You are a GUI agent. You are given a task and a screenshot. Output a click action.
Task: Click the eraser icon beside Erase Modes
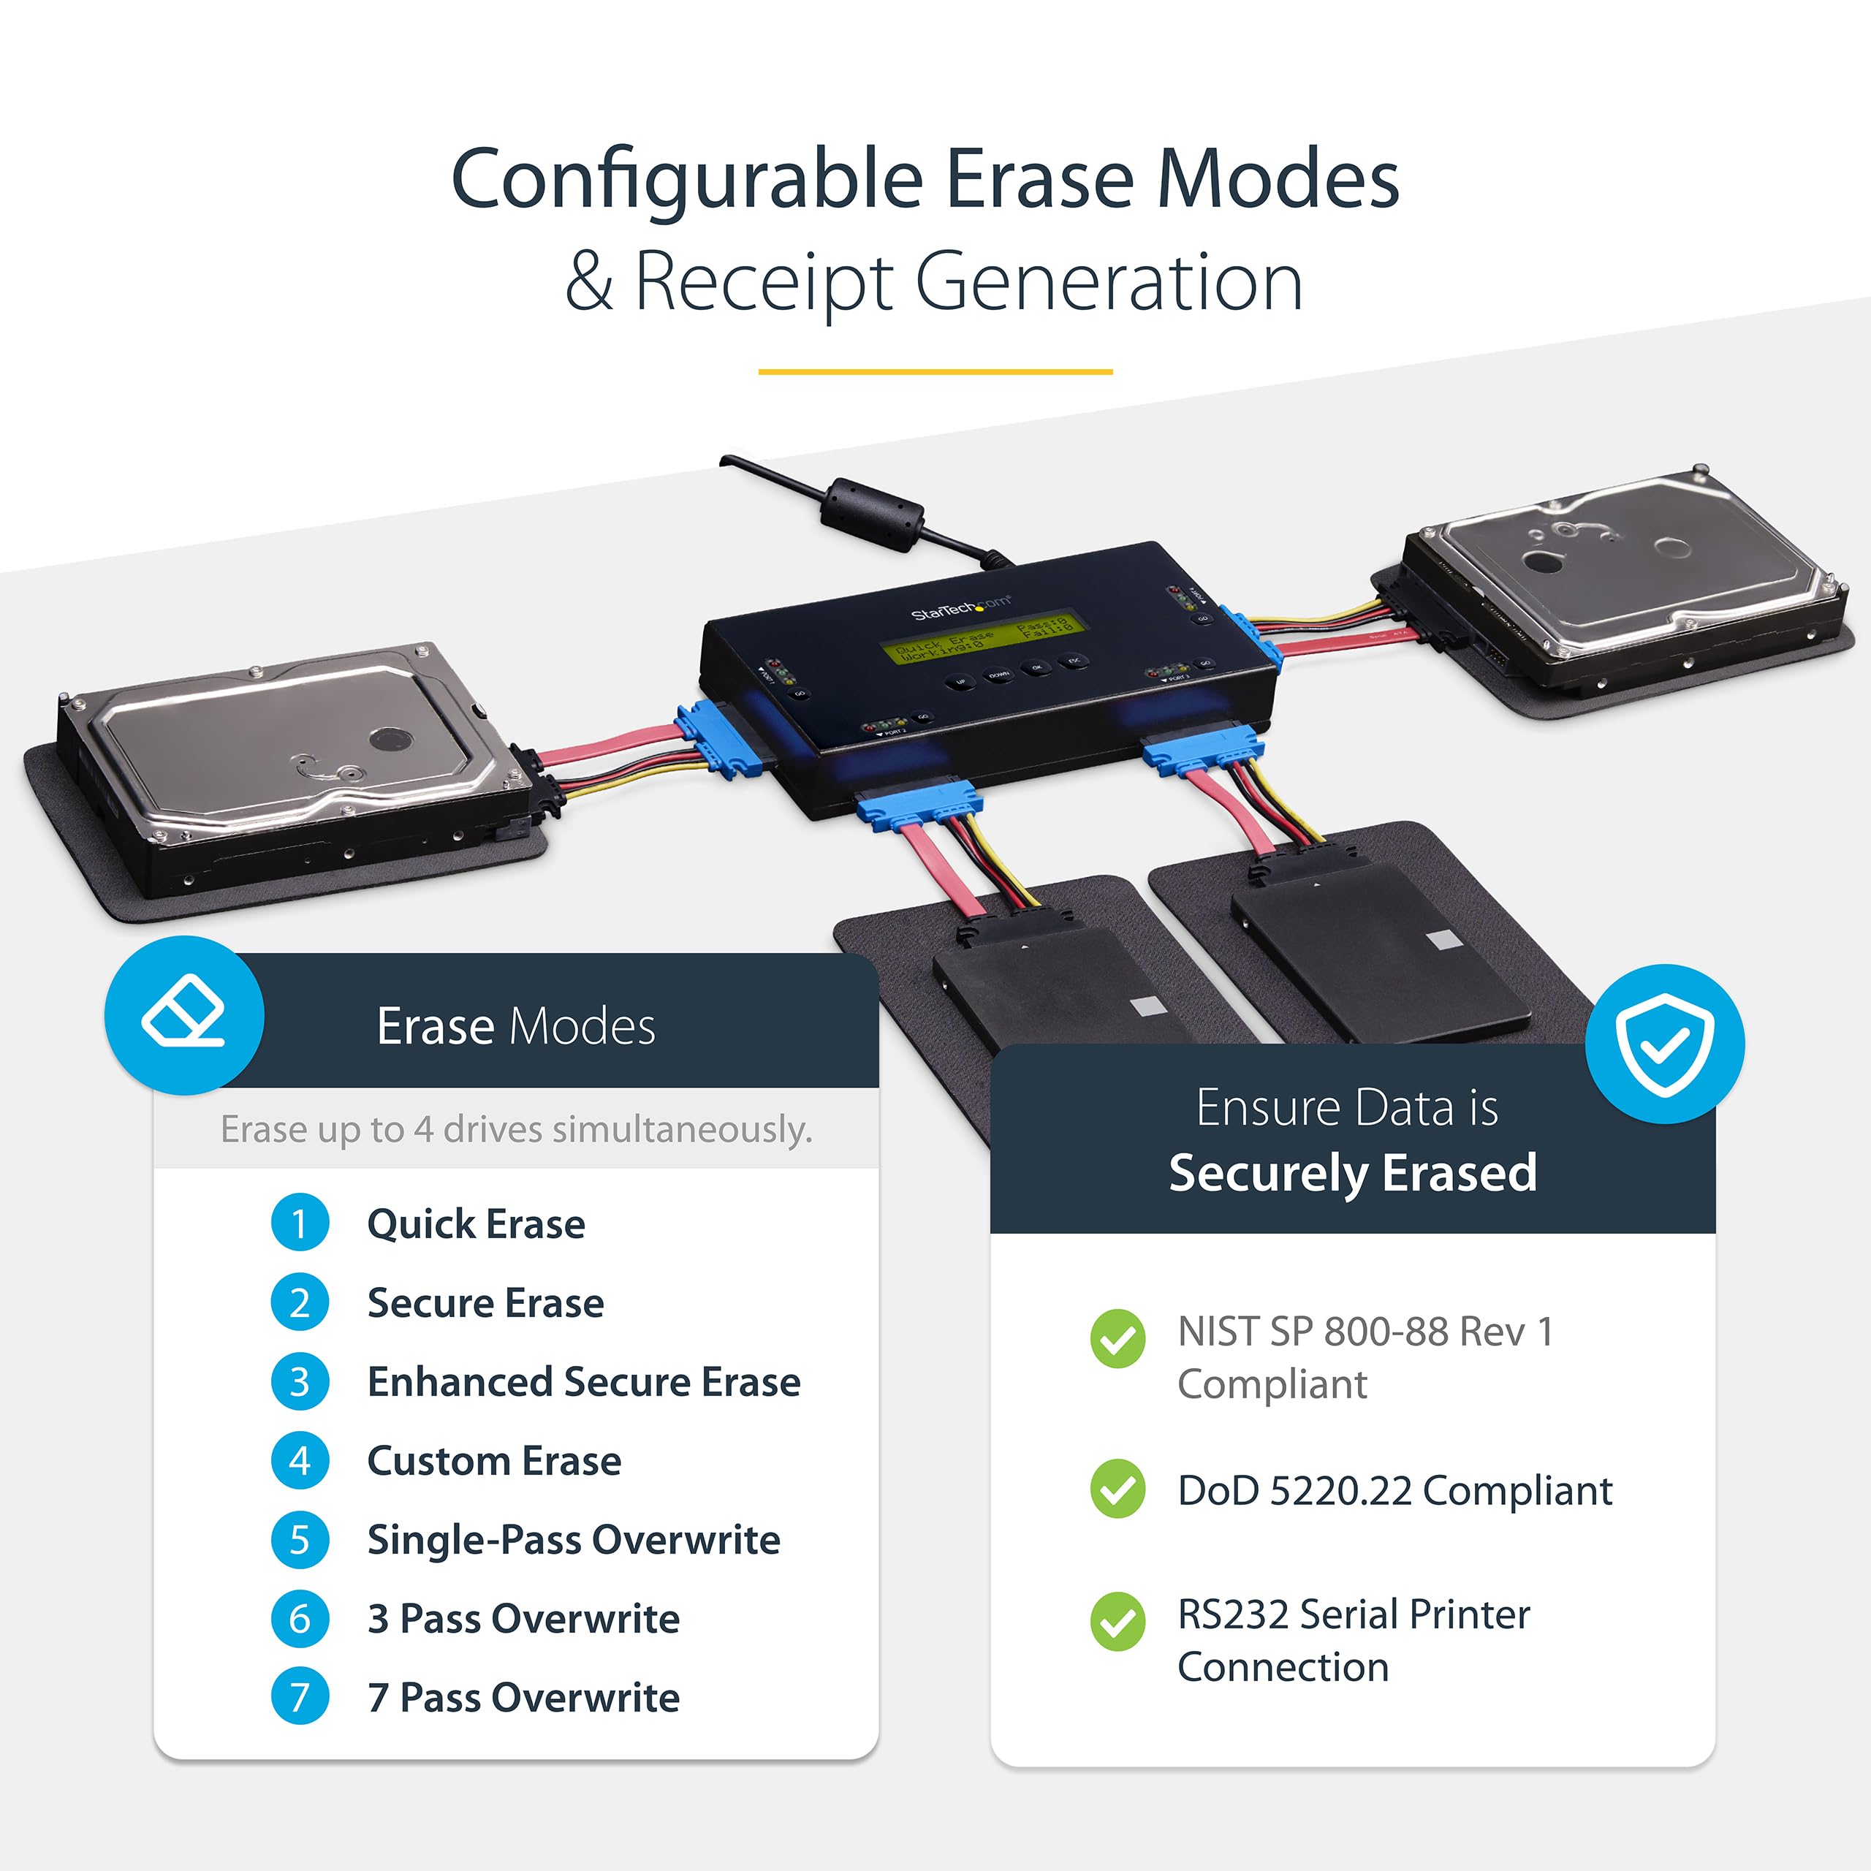tap(184, 1016)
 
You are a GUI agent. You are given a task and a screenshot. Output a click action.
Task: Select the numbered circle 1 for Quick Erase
tap(299, 1223)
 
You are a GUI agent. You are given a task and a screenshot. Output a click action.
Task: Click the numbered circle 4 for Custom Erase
tap(299, 1460)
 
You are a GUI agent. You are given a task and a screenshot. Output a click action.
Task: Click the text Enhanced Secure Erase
tap(584, 1382)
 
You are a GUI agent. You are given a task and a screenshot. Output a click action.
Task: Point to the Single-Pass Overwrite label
tap(573, 1540)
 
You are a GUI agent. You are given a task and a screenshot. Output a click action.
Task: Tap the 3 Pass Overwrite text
tap(523, 1618)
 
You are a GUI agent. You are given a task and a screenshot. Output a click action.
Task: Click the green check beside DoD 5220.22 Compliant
tap(1117, 1489)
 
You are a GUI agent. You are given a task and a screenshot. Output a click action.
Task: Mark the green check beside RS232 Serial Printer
tap(1117, 1621)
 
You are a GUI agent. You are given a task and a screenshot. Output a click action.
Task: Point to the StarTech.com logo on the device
tap(960, 608)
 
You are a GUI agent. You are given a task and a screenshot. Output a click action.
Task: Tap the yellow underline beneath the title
tap(935, 371)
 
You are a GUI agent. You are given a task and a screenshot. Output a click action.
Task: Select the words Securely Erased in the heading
tap(1352, 1173)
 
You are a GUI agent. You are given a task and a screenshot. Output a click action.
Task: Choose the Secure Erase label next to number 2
tap(485, 1302)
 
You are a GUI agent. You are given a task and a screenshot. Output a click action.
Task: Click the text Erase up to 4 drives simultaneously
tap(516, 1129)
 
